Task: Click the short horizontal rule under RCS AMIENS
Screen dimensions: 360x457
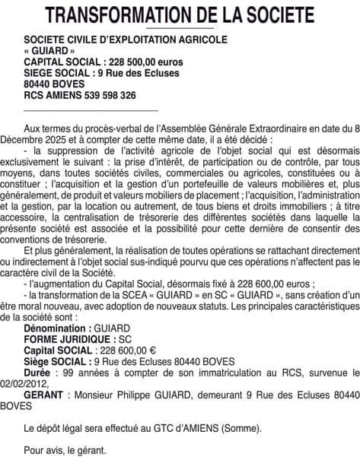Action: pos(91,111)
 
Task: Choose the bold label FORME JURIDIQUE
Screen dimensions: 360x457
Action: pos(69,358)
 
